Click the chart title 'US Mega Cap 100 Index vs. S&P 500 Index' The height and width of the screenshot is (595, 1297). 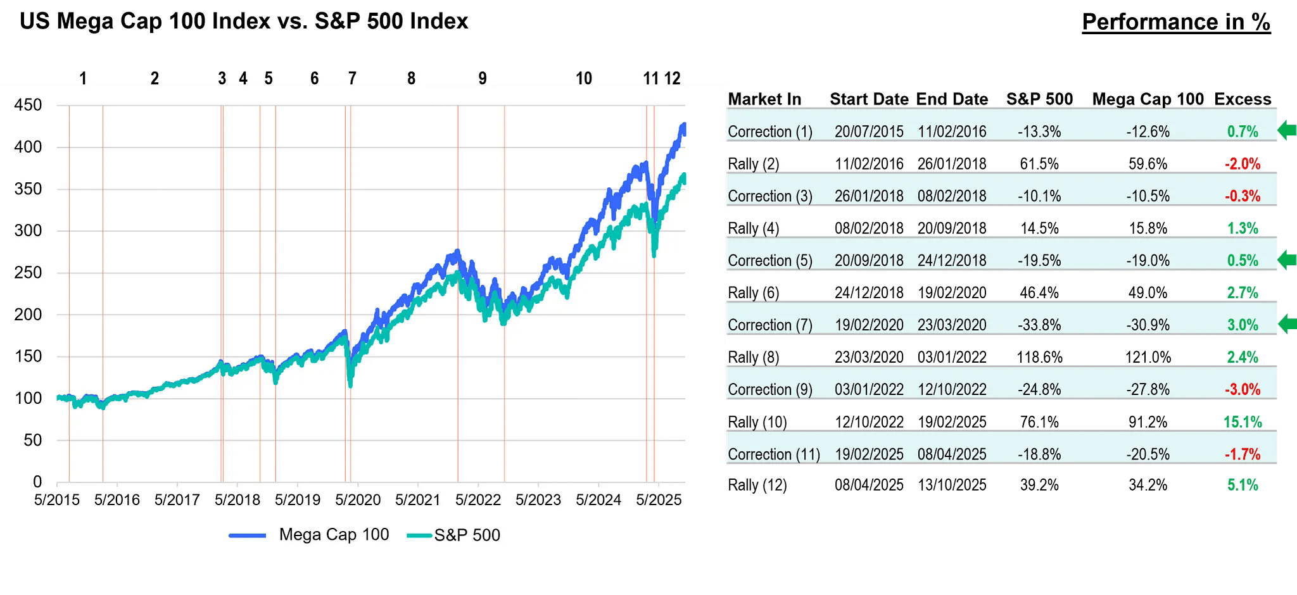244,22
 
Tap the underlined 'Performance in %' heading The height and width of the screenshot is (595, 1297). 1175,22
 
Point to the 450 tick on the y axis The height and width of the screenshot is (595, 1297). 28,105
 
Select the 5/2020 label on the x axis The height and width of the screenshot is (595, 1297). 358,500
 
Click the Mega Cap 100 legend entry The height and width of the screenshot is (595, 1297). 309,535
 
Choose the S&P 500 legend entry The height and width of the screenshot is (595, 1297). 453,535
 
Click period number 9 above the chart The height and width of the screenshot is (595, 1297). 483,78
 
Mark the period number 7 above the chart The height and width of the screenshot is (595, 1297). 352,78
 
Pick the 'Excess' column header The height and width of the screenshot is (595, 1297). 1242,99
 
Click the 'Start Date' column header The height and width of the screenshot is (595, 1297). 869,99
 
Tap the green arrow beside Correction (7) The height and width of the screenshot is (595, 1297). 1287,325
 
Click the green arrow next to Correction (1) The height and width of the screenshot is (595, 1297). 1287,131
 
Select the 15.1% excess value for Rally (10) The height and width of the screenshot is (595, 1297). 1242,422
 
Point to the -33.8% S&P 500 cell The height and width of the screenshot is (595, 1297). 1039,325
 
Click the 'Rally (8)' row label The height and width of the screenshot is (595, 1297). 753,358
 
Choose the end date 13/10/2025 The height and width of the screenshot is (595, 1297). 952,485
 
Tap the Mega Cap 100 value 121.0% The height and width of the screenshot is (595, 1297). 1148,358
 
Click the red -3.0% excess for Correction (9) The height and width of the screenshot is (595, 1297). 1242,390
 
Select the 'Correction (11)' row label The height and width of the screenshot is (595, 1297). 773,454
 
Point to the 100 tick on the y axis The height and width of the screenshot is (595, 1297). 28,398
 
